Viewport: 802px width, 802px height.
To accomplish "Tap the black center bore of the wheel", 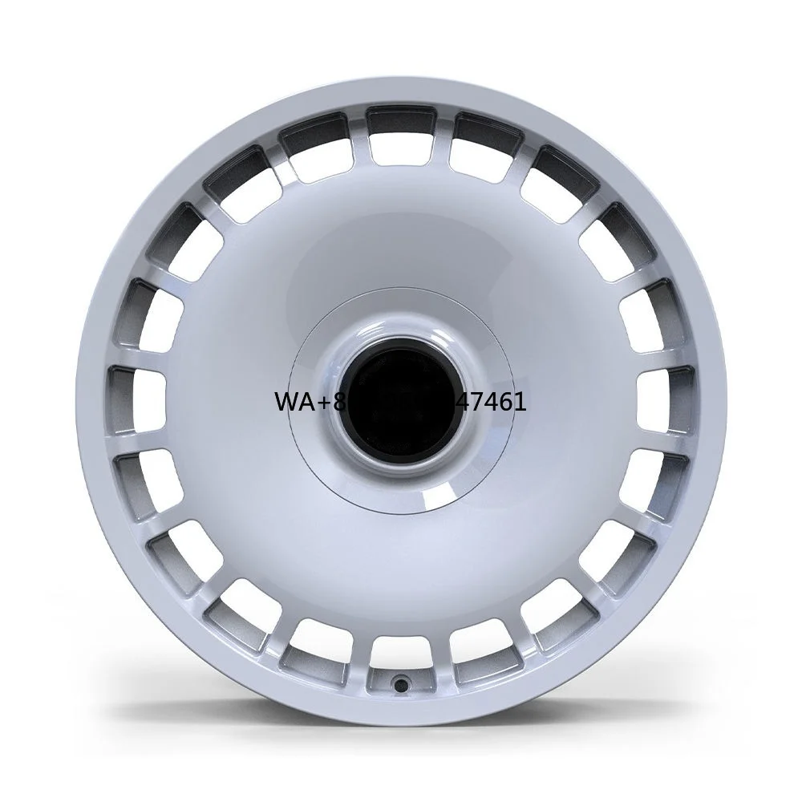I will (x=399, y=399).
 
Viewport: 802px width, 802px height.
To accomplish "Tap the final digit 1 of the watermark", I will (x=520, y=402).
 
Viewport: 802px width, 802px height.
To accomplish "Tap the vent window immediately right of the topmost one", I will (x=484, y=146).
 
